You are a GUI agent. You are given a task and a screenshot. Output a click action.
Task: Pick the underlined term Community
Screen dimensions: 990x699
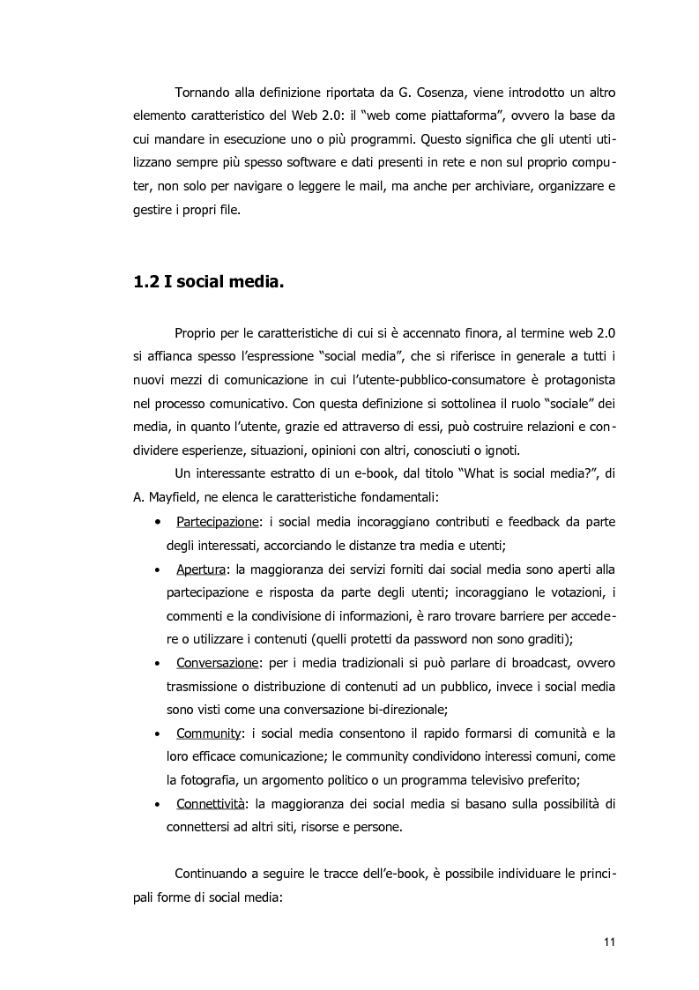(x=209, y=733)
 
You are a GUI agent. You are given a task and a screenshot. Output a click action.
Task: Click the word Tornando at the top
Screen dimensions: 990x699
(x=205, y=93)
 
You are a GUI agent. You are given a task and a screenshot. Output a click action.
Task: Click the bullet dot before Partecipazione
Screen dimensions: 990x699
(x=157, y=522)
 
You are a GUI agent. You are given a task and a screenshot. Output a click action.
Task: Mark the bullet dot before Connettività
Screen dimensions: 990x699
(x=157, y=804)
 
